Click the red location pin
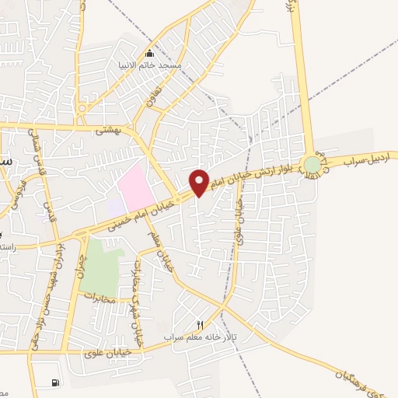coord(199,182)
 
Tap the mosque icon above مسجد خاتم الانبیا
coord(150,54)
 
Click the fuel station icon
coord(54,382)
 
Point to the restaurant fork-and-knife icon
coord(199,324)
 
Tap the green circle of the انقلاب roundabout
coord(312,165)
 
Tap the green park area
coord(101,265)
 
